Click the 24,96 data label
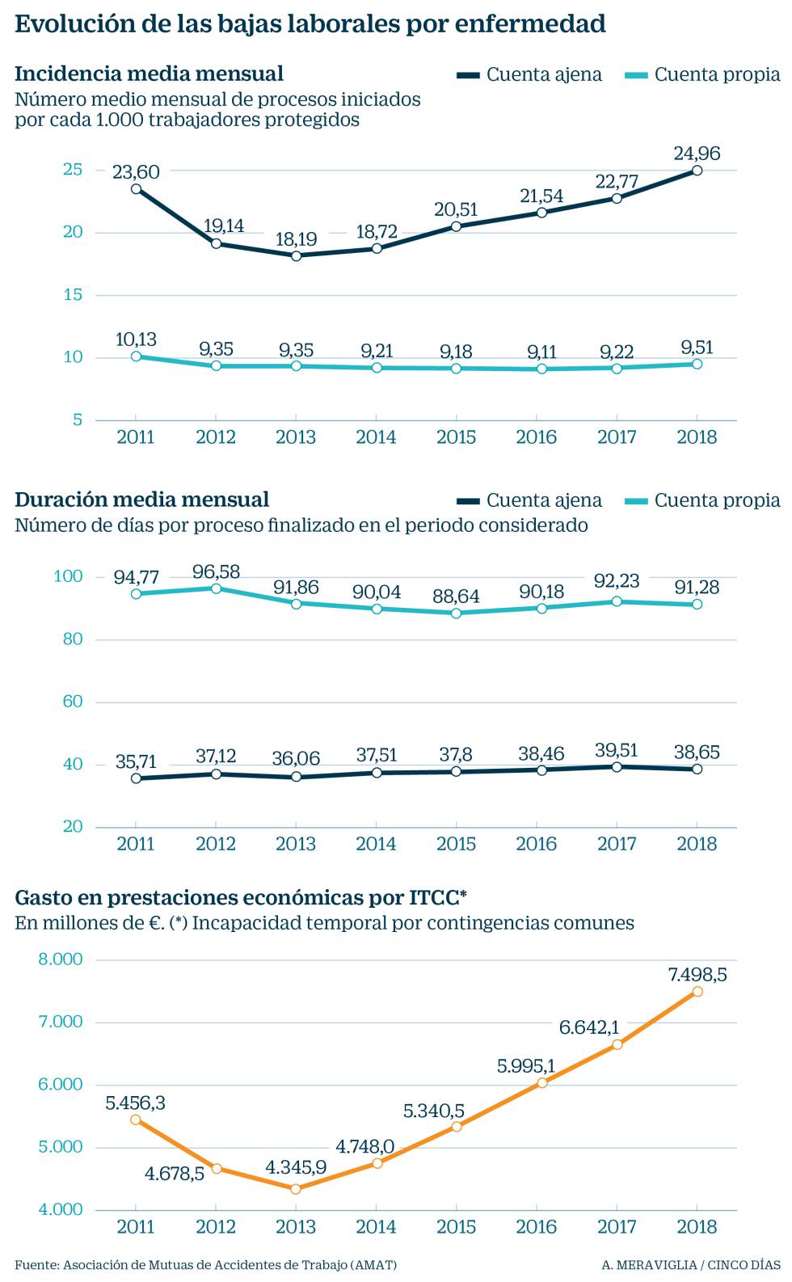click(x=697, y=153)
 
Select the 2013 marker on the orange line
click(x=296, y=1189)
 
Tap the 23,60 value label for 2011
click(x=136, y=171)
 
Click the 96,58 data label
click(x=216, y=571)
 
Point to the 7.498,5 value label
click(x=697, y=974)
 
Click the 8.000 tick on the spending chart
click(x=61, y=959)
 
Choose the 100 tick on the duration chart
click(x=68, y=576)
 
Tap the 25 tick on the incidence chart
click(x=73, y=169)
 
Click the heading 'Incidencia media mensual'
click(x=149, y=74)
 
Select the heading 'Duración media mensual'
click(x=141, y=500)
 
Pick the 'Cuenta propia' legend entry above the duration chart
click(x=703, y=500)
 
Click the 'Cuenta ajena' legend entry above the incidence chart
click(x=529, y=74)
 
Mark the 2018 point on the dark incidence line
click(x=697, y=171)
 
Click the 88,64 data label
click(x=456, y=596)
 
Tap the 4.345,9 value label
click(x=296, y=1167)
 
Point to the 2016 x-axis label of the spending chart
click(x=537, y=1226)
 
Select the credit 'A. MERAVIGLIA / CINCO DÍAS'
click(x=691, y=1264)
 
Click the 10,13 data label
click(x=136, y=339)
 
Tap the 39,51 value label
click(x=617, y=749)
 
